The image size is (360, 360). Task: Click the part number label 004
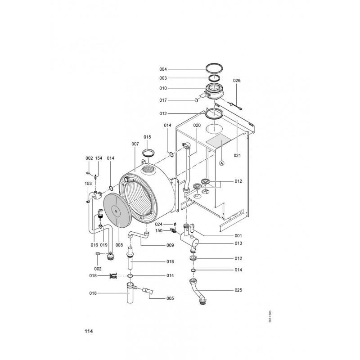(x=163, y=69)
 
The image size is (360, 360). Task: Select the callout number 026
(x=237, y=81)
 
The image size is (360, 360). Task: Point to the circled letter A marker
(x=221, y=163)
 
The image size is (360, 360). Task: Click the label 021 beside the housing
(x=238, y=155)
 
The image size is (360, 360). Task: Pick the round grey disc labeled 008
(x=117, y=210)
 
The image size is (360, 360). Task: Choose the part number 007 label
(x=135, y=144)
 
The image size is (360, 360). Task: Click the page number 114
(x=89, y=331)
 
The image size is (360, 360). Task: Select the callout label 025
(x=238, y=290)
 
